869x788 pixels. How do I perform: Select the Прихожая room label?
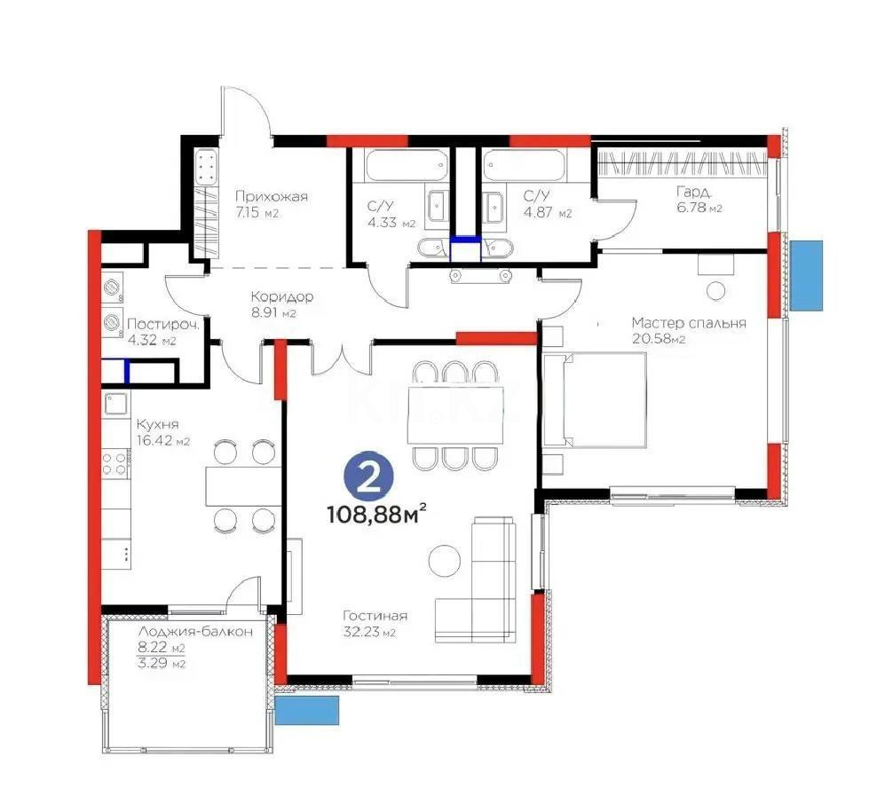click(x=271, y=197)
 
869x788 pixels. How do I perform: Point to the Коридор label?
click(x=281, y=297)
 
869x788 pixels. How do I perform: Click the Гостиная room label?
click(x=375, y=616)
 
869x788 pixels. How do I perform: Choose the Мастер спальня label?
click(x=688, y=323)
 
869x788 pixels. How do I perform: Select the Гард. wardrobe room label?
click(x=692, y=192)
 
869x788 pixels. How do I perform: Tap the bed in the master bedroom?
click(x=596, y=399)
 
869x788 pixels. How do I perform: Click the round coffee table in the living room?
click(x=445, y=560)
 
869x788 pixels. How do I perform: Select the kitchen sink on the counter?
click(x=115, y=405)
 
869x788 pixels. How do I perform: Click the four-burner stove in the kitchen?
click(x=115, y=462)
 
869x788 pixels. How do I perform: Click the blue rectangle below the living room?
click(x=307, y=711)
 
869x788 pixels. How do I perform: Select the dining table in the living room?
click(x=454, y=414)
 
